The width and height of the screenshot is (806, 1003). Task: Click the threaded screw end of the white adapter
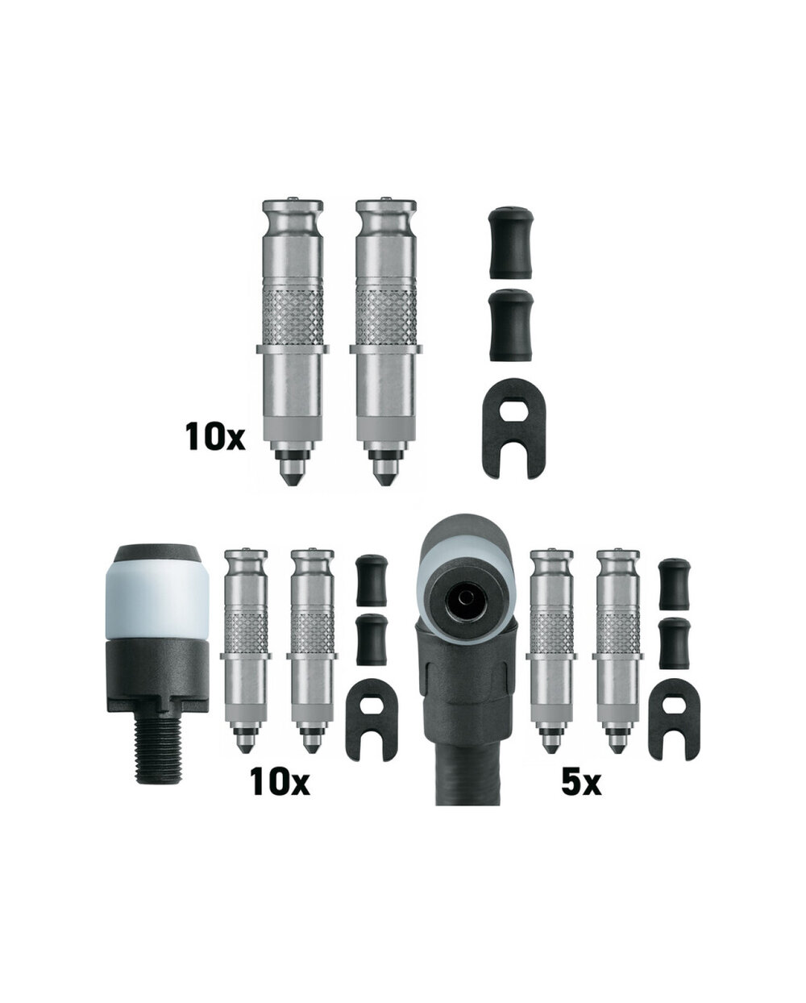[x=157, y=753]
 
